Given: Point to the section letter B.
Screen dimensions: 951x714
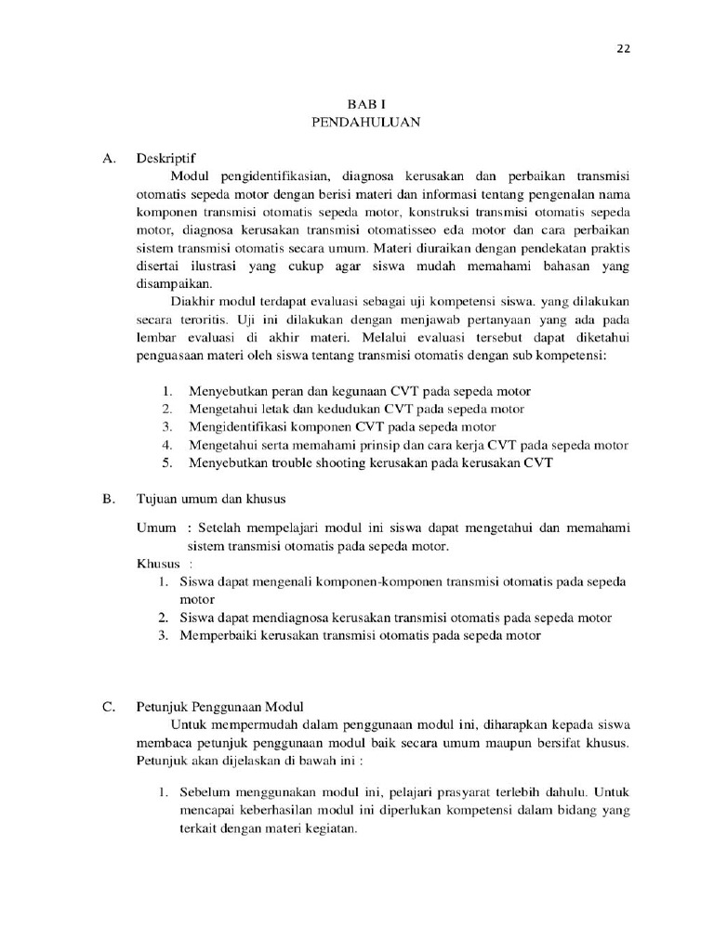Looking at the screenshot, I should [108, 499].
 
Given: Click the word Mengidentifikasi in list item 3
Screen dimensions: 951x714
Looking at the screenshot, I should [243, 426].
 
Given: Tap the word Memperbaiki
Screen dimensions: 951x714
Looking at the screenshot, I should [223, 635].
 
